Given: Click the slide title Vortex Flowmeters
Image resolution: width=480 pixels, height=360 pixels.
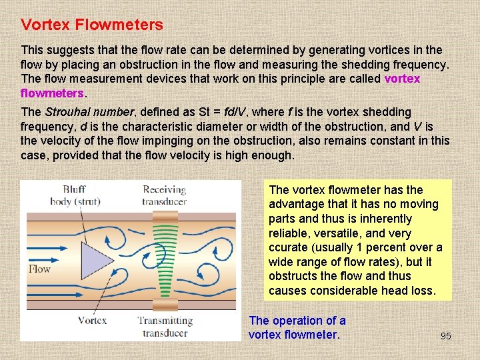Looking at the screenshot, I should (x=91, y=25).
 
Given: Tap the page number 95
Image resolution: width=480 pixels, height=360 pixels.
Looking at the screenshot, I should (x=446, y=336).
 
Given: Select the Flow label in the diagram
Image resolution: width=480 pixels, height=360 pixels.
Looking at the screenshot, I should (x=39, y=269).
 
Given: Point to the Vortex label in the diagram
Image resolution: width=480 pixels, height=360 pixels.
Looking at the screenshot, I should (x=92, y=320).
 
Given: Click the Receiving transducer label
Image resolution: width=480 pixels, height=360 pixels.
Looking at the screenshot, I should (x=165, y=195).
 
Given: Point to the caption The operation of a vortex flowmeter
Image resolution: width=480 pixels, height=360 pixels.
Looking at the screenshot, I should (x=297, y=327).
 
